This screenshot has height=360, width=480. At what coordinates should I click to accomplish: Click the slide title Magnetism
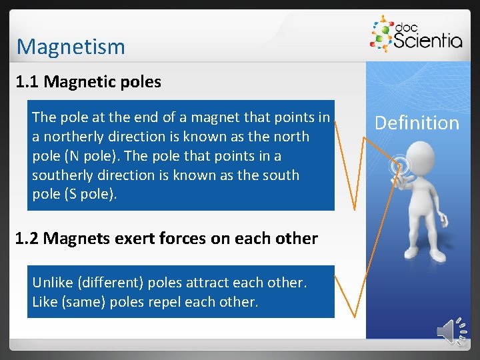(x=71, y=47)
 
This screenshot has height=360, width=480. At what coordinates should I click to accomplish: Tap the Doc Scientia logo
(x=416, y=35)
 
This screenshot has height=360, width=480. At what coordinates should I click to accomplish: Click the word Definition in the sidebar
(x=417, y=123)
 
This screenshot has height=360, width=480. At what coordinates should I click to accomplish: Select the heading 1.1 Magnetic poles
(x=88, y=82)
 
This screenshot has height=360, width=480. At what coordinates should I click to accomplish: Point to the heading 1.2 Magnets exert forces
(x=166, y=239)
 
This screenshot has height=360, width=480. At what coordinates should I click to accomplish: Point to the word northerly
(x=73, y=137)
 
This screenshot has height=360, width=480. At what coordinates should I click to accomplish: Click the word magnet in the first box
(x=213, y=117)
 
